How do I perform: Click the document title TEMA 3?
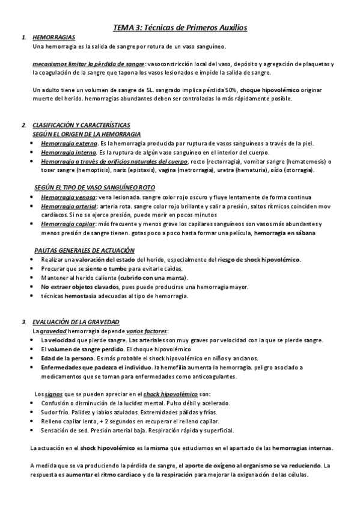click(x=180, y=27)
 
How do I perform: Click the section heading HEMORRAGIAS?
click(x=49, y=37)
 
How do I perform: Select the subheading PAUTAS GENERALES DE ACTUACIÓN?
click(x=84, y=250)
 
